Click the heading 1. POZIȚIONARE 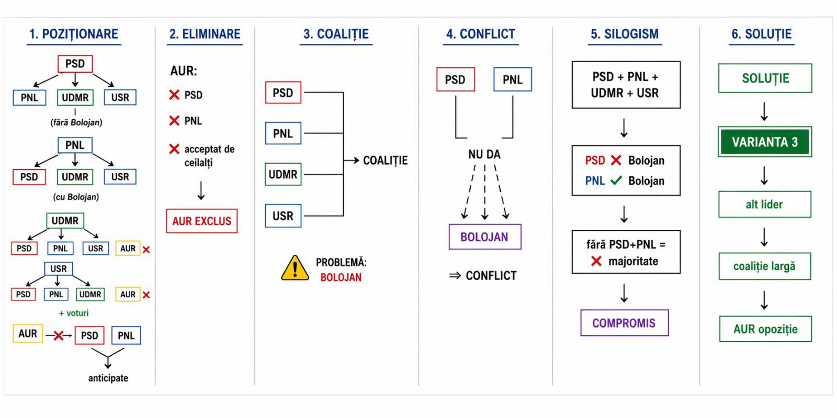click(74, 34)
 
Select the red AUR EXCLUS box click(201, 221)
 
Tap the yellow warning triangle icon click(295, 268)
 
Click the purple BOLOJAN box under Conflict click(484, 237)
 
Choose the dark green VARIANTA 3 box click(764, 142)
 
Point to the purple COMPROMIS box click(624, 323)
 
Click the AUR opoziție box click(765, 329)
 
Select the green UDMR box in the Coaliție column click(283, 175)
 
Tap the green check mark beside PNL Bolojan click(616, 181)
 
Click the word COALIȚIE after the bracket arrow click(385, 160)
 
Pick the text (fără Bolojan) click(76, 123)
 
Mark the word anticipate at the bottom click(108, 378)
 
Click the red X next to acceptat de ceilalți click(174, 149)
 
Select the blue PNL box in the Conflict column click(512, 80)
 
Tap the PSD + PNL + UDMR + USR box click(626, 85)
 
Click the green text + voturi click(74, 313)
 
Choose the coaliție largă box click(764, 266)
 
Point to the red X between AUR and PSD click(59, 335)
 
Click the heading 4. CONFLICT click(480, 34)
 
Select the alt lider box click(764, 204)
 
